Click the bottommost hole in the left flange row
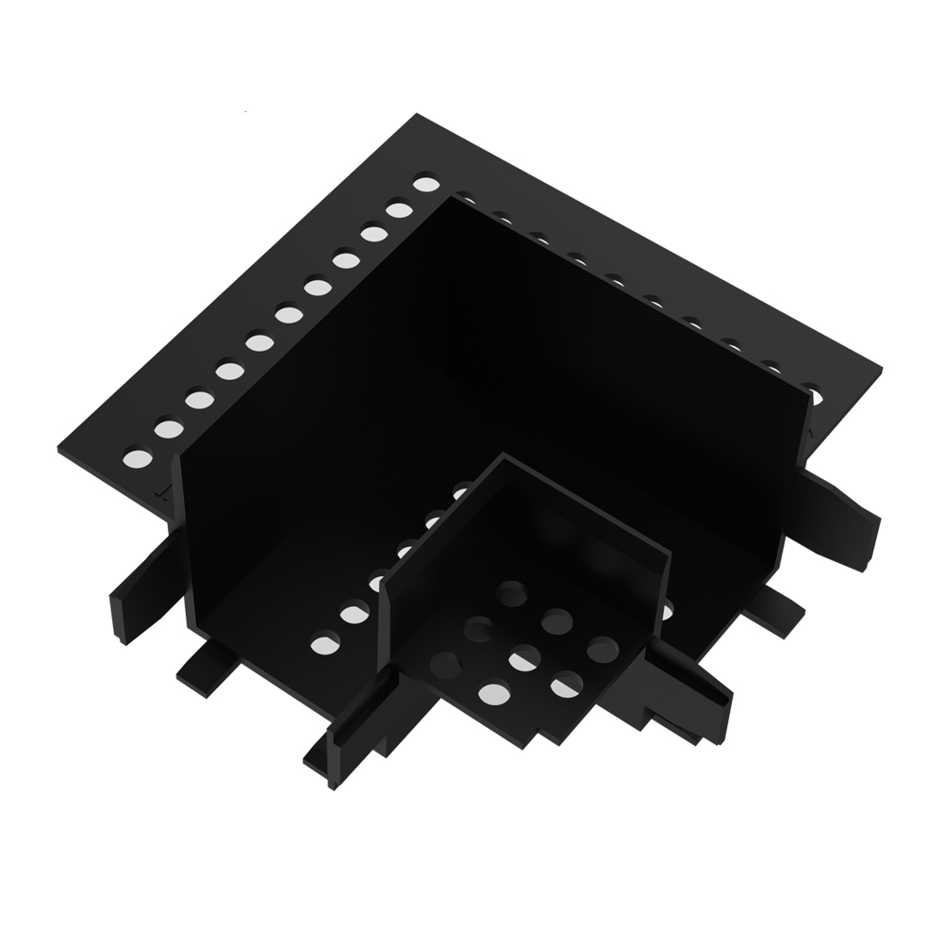(138, 461)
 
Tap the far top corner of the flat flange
(416, 116)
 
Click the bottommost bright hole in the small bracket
(493, 695)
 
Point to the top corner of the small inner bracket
(504, 457)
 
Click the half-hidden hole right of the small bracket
(667, 612)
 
